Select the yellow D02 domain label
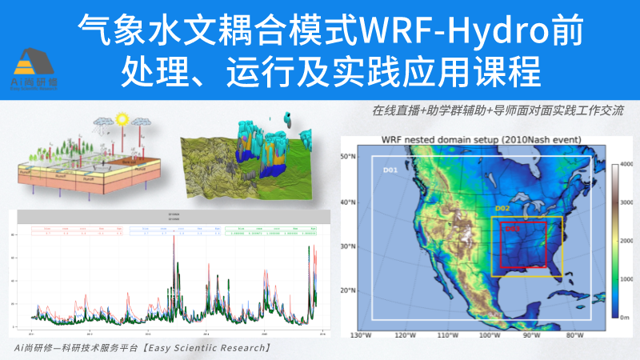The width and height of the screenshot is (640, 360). coord(502,209)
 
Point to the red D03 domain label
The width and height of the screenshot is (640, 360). coord(512,229)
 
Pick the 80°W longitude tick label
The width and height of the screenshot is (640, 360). coord(574,335)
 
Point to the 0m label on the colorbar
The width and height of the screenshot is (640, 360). coord(626,317)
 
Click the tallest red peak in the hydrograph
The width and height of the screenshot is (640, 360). coord(175,240)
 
